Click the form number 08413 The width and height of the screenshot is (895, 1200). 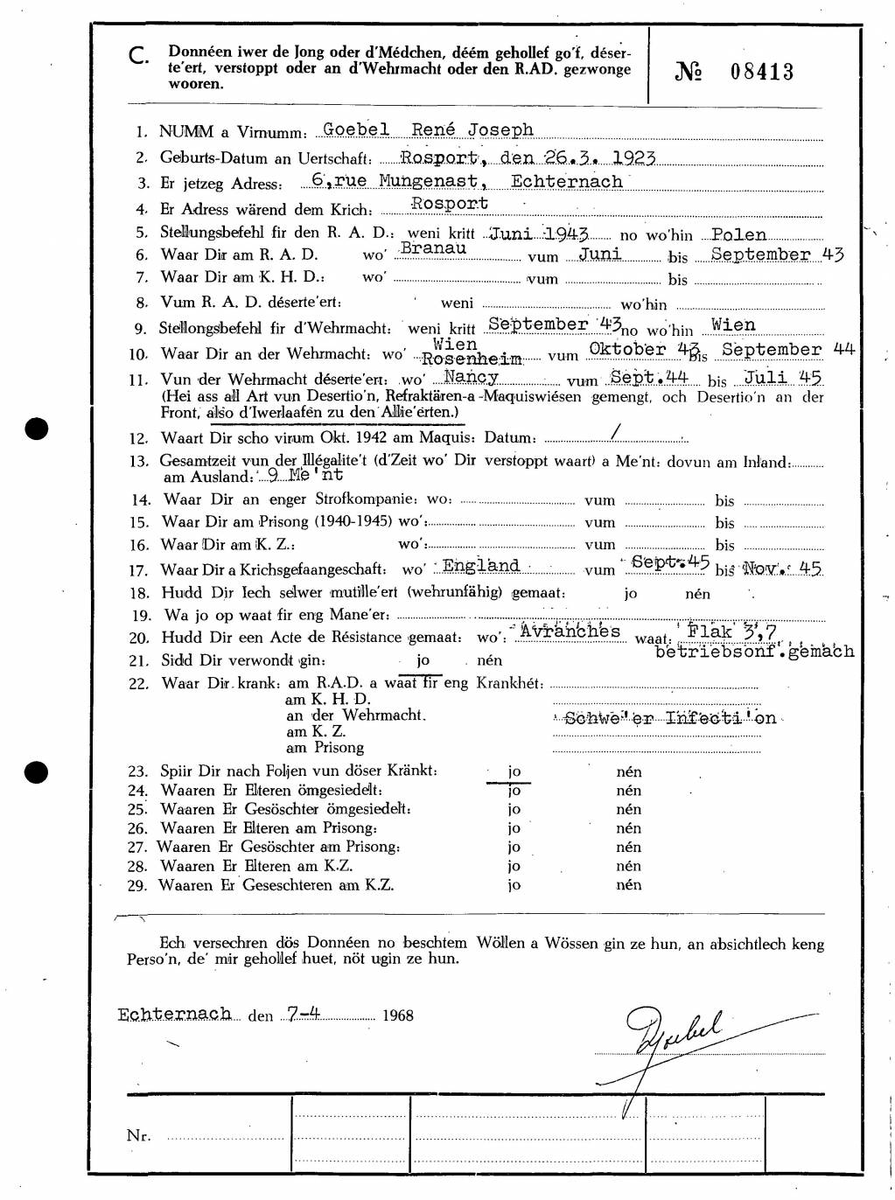(x=761, y=72)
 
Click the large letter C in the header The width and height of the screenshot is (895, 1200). (x=137, y=57)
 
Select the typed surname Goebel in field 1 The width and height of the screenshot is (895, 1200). (x=356, y=129)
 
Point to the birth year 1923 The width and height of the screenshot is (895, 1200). (x=634, y=157)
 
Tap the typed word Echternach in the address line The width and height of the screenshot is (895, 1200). (x=567, y=181)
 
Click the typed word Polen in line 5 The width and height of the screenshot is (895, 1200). (x=739, y=234)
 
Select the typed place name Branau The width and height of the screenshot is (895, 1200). (x=433, y=248)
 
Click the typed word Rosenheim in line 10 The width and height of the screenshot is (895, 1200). (x=472, y=359)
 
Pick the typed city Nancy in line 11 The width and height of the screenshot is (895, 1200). (x=471, y=377)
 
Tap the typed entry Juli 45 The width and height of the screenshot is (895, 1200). (x=783, y=378)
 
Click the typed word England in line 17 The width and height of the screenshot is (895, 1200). (x=481, y=565)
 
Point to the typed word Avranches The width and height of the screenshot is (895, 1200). (x=570, y=631)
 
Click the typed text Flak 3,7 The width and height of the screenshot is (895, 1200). (x=732, y=631)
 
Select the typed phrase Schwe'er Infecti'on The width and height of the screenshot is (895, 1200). (x=669, y=718)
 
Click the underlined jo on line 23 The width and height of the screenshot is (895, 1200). (x=514, y=771)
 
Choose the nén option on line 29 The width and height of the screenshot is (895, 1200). (x=628, y=884)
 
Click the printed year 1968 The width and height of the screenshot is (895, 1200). (x=397, y=1015)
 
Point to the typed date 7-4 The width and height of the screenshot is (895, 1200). (x=303, y=1014)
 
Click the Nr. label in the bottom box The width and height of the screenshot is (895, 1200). (x=138, y=1135)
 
